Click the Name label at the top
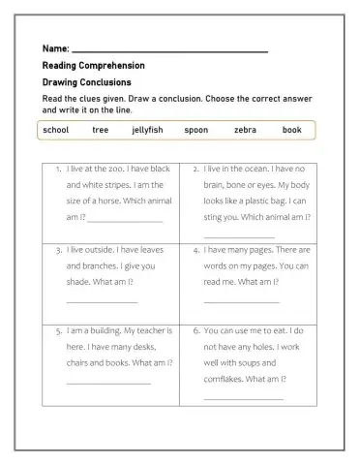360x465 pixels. tap(55, 48)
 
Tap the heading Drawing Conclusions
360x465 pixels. tap(86, 82)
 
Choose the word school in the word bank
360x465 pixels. tap(56, 130)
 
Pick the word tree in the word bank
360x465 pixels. tap(101, 130)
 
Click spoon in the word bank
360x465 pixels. tap(195, 130)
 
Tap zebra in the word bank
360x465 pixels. tap(245, 130)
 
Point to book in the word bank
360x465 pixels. tap(292, 130)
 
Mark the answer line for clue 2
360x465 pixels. tap(239, 235)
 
